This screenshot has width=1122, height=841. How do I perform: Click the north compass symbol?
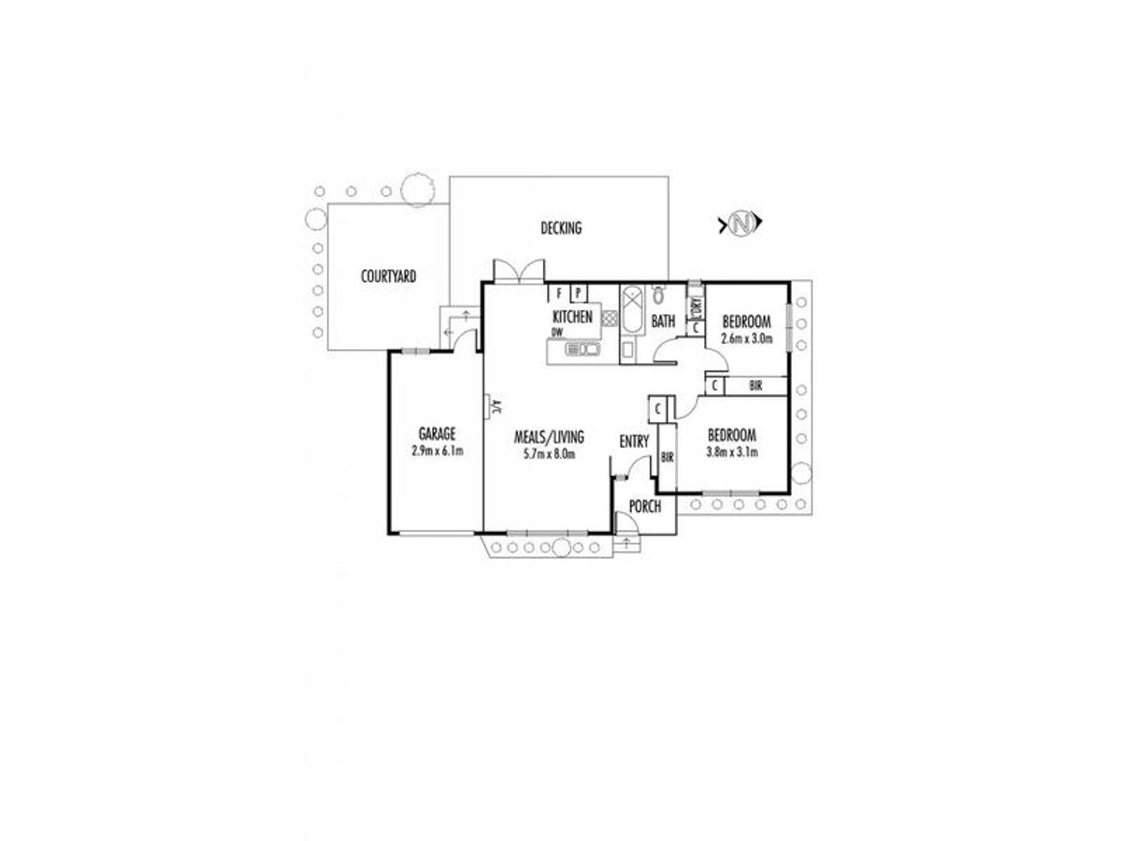[x=741, y=223]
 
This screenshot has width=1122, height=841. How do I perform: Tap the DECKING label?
[x=561, y=228]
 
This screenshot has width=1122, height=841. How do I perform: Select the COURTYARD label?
[x=388, y=277]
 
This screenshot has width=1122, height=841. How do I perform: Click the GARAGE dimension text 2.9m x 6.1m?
[x=437, y=451]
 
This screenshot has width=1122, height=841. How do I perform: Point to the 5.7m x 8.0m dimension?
[x=549, y=454]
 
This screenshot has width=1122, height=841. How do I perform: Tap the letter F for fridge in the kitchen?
[x=559, y=293]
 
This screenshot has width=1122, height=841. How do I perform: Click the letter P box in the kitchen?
[x=578, y=293]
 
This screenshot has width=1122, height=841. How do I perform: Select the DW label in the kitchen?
[x=556, y=332]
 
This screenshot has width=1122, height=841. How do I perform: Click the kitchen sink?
[x=582, y=349]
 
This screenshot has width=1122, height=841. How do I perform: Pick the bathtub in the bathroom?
[x=632, y=310]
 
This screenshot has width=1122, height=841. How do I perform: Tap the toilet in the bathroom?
[x=659, y=293]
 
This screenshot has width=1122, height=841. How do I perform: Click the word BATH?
[x=663, y=321]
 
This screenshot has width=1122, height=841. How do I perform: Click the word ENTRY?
[x=634, y=441]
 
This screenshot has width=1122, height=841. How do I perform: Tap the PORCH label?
[x=644, y=506]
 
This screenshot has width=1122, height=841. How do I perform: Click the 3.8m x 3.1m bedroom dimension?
[x=731, y=452]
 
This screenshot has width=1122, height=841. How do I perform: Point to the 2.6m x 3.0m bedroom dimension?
[x=746, y=338]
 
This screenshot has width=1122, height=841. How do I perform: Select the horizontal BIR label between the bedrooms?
[x=755, y=386]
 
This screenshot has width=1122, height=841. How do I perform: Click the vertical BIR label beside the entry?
[x=667, y=458]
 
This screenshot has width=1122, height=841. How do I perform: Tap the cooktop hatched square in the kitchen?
[x=610, y=318]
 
